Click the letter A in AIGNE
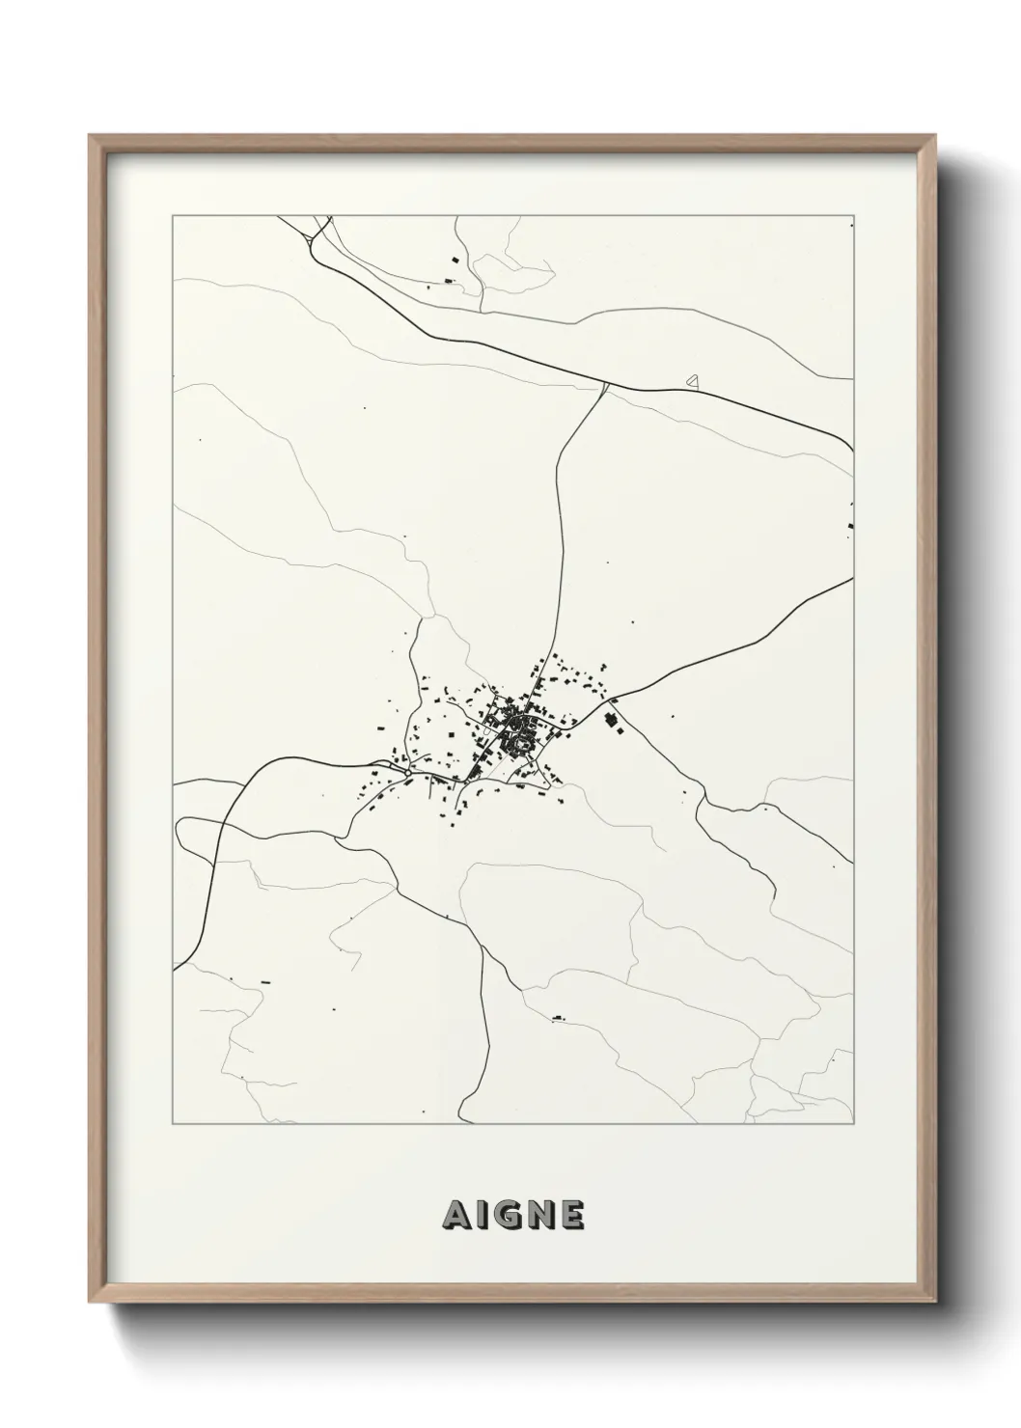(454, 1216)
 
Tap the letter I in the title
(481, 1216)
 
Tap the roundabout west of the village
(408, 772)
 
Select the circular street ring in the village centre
(522, 742)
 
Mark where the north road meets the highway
(605, 386)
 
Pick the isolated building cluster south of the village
(557, 1016)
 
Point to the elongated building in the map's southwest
(265, 982)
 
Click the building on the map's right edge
(850, 525)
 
